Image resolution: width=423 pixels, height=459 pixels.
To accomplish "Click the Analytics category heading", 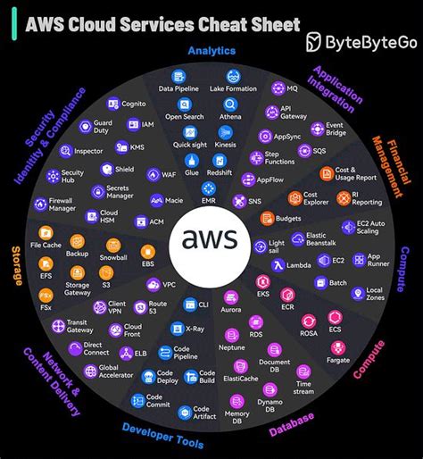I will pos(211,52).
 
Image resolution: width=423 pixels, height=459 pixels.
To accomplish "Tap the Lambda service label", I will pos(300,264).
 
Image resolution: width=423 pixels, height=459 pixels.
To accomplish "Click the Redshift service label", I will pos(220,171).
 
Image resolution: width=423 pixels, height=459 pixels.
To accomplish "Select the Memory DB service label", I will pos(236,415).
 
